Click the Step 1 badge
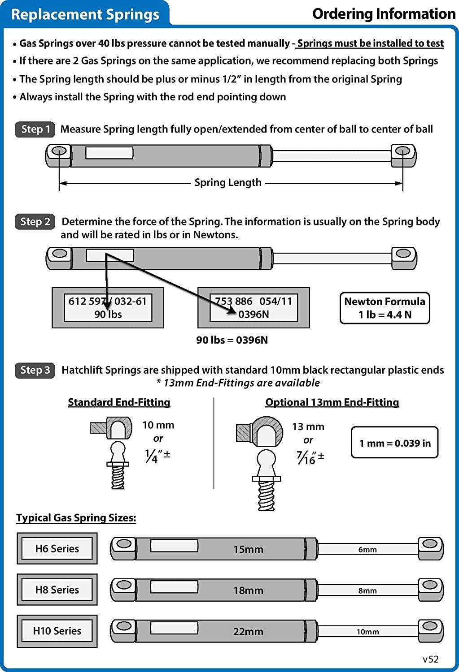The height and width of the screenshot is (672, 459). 35,129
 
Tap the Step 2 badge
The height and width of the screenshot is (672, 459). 35,221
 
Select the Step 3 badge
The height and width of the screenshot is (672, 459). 35,370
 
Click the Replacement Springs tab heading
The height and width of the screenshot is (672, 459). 85,14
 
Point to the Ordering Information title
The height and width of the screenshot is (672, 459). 384,14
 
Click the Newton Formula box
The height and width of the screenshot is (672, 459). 385,308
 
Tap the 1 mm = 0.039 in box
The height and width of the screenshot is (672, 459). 394,443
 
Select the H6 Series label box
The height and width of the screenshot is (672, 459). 57,548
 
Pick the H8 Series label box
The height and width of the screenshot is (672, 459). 57,590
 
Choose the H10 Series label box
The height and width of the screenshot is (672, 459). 57,631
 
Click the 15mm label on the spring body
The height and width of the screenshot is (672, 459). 248,549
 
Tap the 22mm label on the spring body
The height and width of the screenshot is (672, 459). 248,632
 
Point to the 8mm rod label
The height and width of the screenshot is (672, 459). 367,590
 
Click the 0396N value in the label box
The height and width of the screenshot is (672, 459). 254,314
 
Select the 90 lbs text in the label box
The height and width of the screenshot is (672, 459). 108,314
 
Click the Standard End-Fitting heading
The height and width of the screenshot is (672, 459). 119,402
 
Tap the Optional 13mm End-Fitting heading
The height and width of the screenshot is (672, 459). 332,402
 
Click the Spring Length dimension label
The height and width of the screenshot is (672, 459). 228,182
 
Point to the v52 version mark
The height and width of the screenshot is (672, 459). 431,659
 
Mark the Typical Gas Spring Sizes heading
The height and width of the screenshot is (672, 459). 76,517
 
